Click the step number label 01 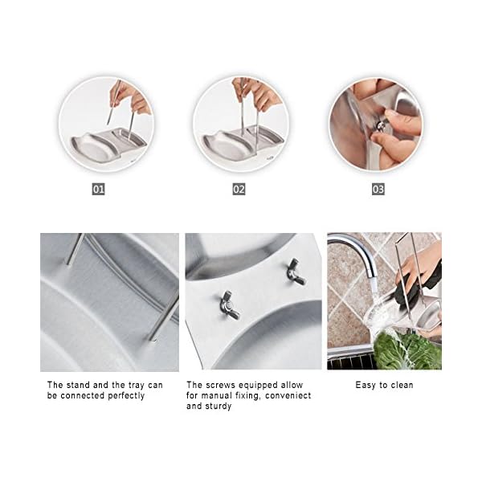pos(98,189)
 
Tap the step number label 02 pos(239,189)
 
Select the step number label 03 pos(378,189)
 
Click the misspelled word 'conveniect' pos(288,395)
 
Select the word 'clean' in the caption pos(402,385)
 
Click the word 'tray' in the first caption pos(135,386)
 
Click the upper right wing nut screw pos(296,272)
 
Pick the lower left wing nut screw pos(230,305)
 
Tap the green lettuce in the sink pos(406,351)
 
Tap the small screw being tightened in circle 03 pos(382,125)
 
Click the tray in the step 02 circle pos(243,141)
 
